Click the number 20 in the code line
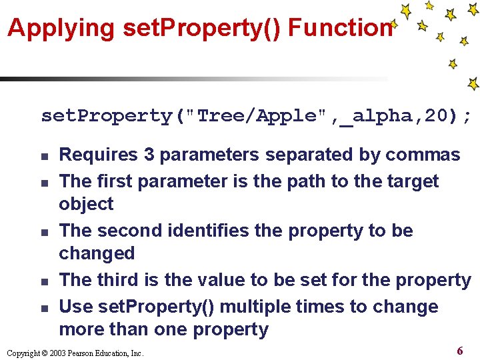click(x=437, y=116)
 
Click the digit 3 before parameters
click(x=149, y=155)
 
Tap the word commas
click(x=423, y=155)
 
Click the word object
click(x=86, y=204)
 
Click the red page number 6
click(x=460, y=351)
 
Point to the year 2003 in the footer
click(x=57, y=353)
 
